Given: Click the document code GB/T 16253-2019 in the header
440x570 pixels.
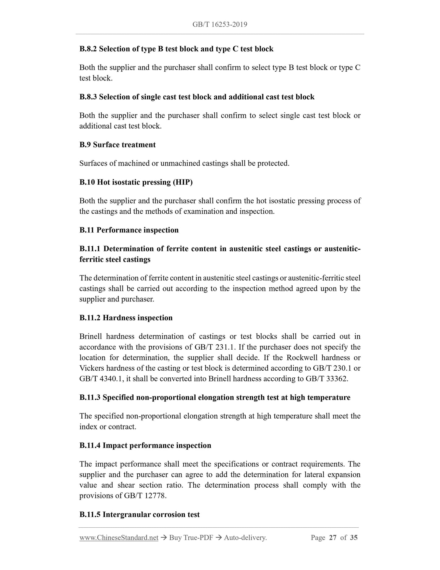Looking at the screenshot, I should (220, 24).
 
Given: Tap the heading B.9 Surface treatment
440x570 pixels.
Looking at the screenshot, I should (118, 145).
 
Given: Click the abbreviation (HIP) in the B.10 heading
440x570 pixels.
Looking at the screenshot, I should (183, 182).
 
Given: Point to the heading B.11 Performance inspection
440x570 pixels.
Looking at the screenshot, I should (129, 230).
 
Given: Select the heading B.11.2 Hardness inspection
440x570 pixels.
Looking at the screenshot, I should (126, 318).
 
